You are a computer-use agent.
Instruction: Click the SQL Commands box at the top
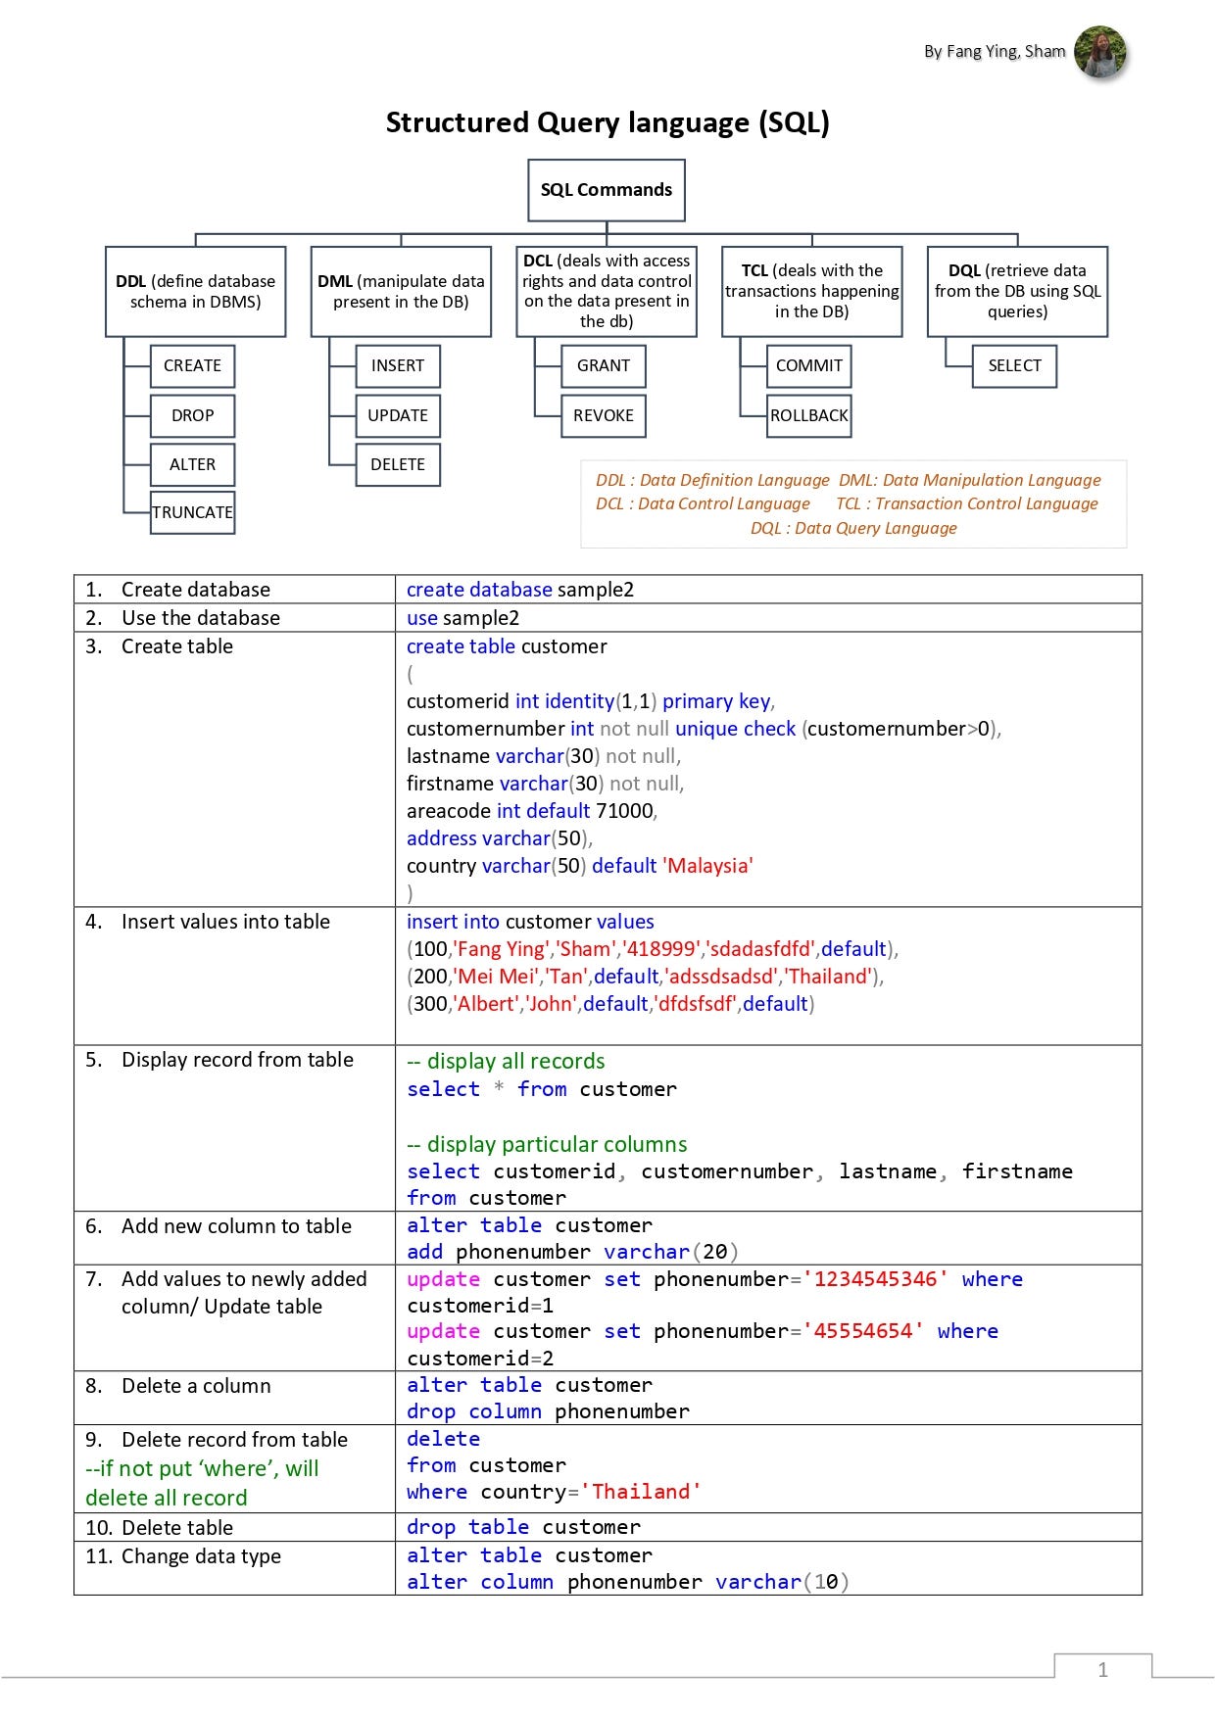point(606,190)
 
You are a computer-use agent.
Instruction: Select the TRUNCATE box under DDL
point(193,512)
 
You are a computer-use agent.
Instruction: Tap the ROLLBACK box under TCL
point(809,415)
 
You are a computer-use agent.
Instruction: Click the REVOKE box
point(604,415)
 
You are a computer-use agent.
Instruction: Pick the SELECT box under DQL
point(1014,365)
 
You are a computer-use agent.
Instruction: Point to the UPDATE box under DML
point(398,415)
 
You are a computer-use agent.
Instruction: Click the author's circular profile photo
point(1099,52)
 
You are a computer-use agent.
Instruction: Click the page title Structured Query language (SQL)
point(608,122)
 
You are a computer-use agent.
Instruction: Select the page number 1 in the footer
point(1102,1670)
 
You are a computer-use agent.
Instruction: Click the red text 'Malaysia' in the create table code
point(708,866)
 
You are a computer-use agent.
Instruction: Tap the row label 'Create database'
point(195,590)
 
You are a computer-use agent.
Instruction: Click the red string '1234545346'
point(875,1279)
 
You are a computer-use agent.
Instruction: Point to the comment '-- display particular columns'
point(547,1144)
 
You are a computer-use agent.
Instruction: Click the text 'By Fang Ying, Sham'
point(994,52)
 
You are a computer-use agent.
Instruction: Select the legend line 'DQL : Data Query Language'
point(853,528)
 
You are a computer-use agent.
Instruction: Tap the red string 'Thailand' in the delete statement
point(641,1492)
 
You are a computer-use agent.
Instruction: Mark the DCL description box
point(607,291)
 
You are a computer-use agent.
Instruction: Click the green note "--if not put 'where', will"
point(202,1468)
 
